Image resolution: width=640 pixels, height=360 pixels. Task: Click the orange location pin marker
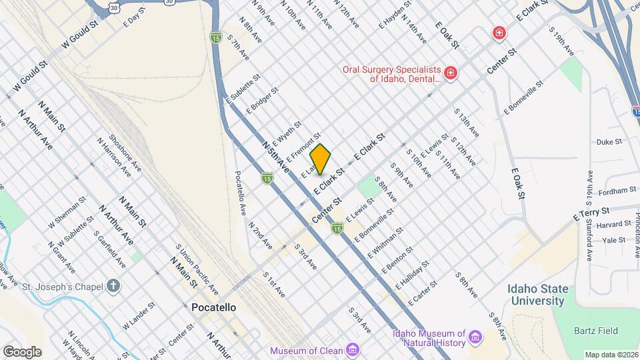pos(321,159)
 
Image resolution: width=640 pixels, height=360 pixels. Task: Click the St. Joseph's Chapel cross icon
pos(114,287)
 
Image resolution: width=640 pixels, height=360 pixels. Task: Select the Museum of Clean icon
pos(353,350)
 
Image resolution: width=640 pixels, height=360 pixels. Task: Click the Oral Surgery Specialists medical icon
pos(451,72)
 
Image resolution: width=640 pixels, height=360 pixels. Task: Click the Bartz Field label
pos(599,331)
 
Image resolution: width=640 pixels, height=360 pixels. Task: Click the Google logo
pos(22,351)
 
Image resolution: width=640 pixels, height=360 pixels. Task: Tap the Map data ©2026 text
pos(610,354)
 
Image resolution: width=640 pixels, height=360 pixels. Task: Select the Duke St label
pos(609,142)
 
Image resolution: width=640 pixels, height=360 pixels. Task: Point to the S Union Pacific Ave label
pos(197,269)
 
